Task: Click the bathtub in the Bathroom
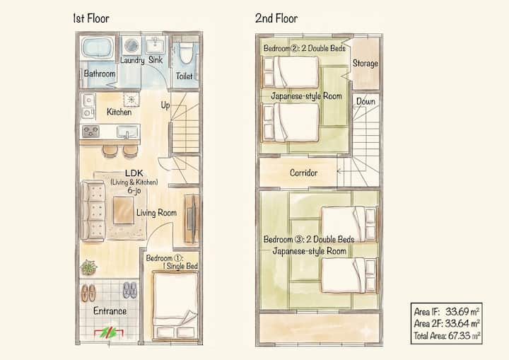(97, 48)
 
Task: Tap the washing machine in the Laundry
(131, 45)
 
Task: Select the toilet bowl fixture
(187, 53)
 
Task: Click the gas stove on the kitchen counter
(90, 132)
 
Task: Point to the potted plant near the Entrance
(88, 267)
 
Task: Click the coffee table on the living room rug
(123, 210)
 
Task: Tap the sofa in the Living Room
(93, 211)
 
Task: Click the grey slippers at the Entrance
(130, 290)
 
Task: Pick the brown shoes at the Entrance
(88, 292)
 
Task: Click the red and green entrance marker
(109, 333)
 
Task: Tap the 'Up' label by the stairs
(165, 105)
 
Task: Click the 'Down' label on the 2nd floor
(365, 101)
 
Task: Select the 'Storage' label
(365, 63)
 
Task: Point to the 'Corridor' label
(303, 173)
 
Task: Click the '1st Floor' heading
(91, 18)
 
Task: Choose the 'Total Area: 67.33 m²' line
(447, 336)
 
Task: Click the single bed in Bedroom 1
(175, 306)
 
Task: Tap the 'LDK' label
(134, 173)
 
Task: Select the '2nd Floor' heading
(276, 18)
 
